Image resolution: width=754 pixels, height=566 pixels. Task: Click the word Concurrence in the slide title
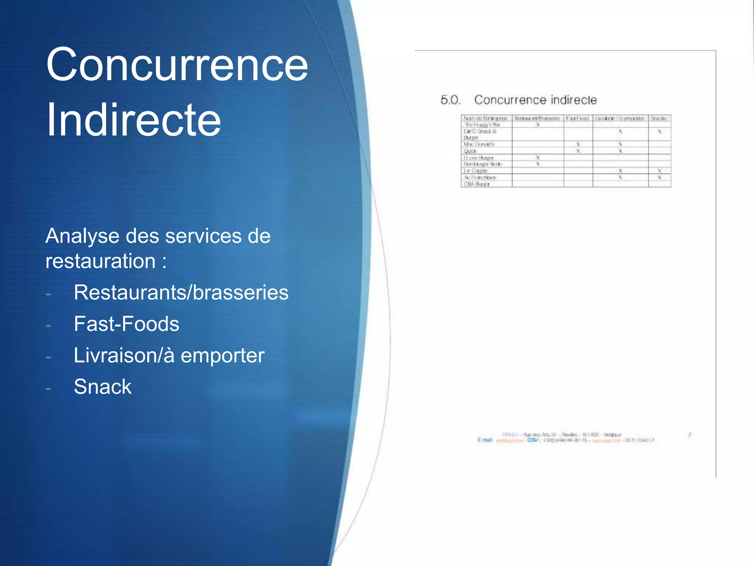pos(177,64)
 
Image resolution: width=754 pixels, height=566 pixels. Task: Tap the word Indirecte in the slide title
pos(133,120)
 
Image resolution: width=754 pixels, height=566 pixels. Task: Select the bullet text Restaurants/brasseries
pos(181,293)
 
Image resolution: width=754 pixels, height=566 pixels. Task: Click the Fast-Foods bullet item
pos(126,324)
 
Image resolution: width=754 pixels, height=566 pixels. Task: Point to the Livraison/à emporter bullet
pos(169,355)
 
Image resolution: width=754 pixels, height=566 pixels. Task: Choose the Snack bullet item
pos(102,387)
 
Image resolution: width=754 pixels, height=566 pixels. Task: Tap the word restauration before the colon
pos(101,261)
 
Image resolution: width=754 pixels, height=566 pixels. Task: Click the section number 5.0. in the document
pos(450,100)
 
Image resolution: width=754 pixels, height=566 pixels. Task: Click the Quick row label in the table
pos(470,151)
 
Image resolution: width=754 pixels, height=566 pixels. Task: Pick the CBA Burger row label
pos(476,184)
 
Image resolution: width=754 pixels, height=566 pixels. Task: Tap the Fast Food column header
pos(578,118)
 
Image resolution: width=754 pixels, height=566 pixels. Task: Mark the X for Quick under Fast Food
pos(578,151)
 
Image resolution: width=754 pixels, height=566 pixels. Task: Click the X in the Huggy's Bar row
pos(538,125)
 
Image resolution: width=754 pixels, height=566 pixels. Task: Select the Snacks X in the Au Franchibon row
pos(659,177)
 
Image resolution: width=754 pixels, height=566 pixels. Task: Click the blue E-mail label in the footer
pos(485,440)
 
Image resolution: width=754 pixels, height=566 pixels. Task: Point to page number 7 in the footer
pos(690,435)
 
